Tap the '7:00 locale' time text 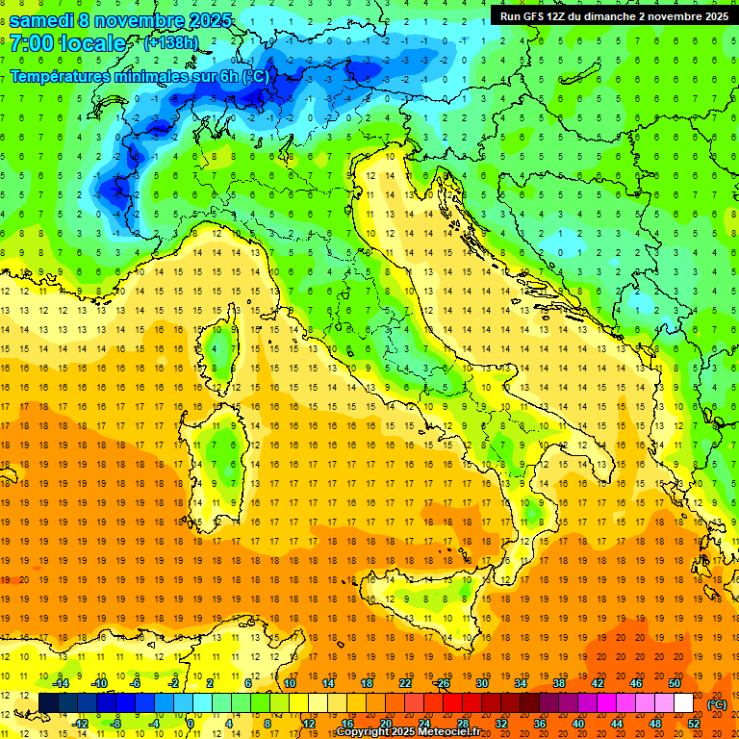tap(67, 44)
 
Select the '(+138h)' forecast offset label tap(172, 43)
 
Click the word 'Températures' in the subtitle tap(59, 76)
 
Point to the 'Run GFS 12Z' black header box tap(613, 15)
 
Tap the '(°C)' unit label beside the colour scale tap(717, 704)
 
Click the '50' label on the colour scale tap(674, 683)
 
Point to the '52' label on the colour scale tap(693, 724)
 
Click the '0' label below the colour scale tap(191, 724)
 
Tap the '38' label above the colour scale tap(559, 683)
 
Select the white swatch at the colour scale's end tap(683, 703)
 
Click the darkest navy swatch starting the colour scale tap(48, 703)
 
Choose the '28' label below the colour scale tap(463, 724)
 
